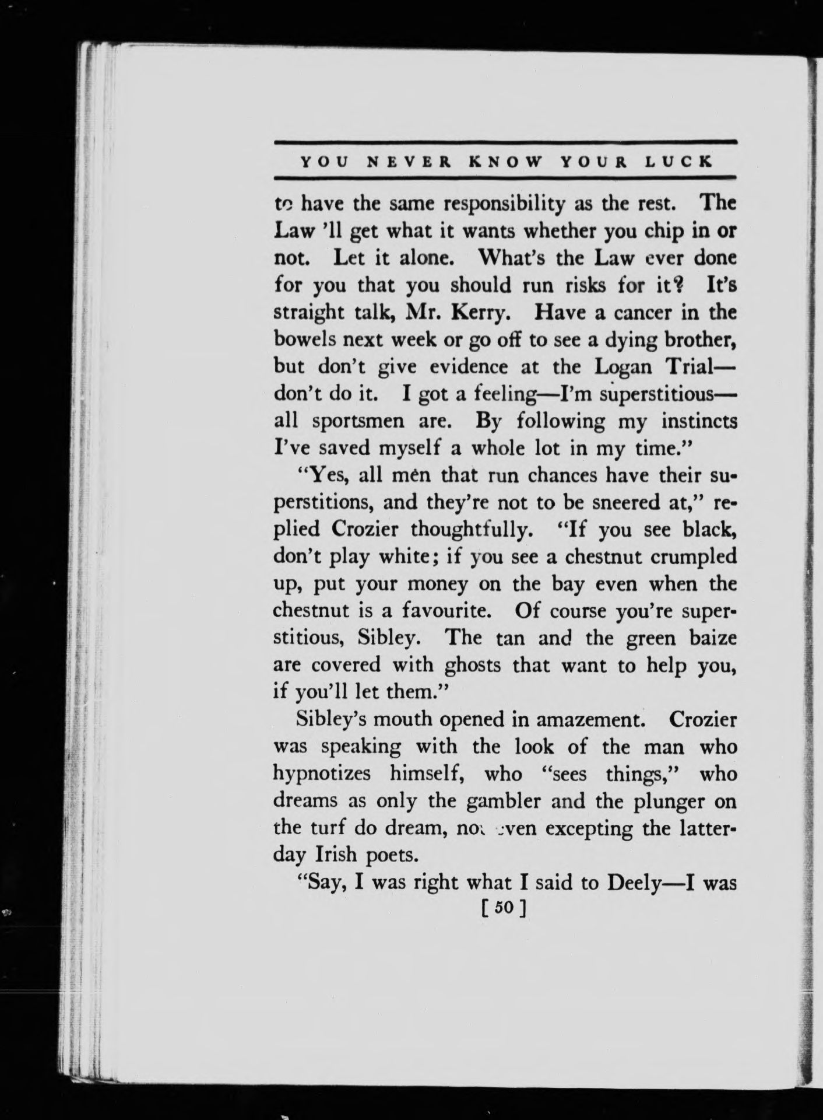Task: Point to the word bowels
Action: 305,339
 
